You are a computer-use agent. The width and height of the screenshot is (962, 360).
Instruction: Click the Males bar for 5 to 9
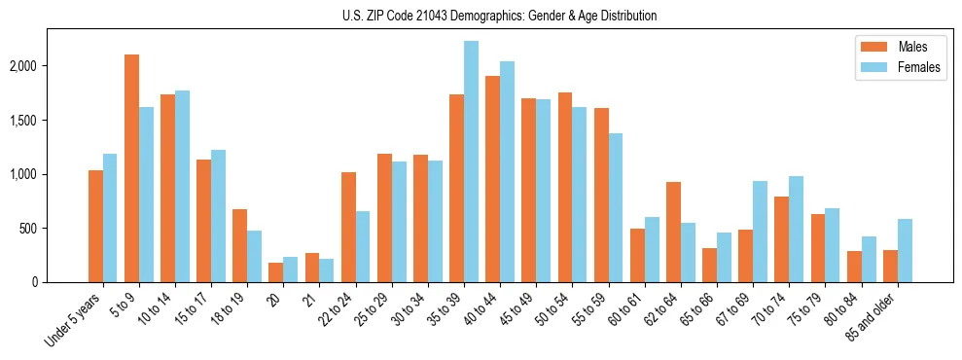coord(131,168)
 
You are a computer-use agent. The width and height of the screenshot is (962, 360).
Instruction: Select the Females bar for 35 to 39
coord(471,162)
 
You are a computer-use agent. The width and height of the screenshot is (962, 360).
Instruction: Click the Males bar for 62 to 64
coord(673,233)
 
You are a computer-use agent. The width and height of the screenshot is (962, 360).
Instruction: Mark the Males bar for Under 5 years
coord(95,227)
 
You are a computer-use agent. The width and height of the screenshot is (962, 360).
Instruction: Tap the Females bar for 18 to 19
coord(255,257)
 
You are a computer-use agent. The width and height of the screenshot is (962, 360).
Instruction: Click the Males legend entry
coord(891,47)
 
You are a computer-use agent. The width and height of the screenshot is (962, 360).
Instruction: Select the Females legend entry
coord(891,68)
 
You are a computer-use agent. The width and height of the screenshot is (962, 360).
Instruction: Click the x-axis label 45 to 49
coord(517,310)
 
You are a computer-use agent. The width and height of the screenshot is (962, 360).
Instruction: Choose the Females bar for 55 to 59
coord(615,208)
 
